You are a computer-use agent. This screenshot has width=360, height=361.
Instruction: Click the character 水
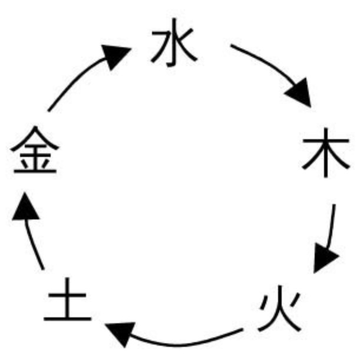[x=174, y=42]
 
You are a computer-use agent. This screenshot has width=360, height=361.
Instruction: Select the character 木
[x=326, y=153]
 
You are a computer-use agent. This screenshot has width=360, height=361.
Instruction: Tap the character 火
[x=280, y=309]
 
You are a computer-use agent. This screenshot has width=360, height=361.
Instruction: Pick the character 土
[x=67, y=299]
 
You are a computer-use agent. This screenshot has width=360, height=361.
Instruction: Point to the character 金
[x=35, y=150]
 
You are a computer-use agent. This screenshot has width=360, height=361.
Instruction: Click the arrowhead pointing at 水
[x=115, y=57]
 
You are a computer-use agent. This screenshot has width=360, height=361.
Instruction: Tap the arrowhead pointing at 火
[x=324, y=258]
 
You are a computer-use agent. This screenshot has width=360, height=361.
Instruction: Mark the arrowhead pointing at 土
[x=121, y=333]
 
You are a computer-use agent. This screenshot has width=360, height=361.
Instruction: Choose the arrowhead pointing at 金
[x=25, y=207]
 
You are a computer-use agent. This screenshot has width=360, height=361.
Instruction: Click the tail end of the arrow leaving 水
[x=232, y=45]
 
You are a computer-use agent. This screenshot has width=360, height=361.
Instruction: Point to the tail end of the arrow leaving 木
[x=334, y=205]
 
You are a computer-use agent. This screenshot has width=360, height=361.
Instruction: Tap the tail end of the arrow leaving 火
[x=242, y=330]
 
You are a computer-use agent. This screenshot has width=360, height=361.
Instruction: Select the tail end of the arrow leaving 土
[x=43, y=269]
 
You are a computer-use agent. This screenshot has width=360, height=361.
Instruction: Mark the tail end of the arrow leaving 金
[x=49, y=111]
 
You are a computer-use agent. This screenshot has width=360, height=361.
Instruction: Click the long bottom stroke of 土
[x=67, y=319]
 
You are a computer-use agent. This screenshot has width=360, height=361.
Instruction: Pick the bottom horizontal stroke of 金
[x=35, y=171]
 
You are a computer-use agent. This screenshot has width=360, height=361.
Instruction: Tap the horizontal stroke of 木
[x=326, y=140]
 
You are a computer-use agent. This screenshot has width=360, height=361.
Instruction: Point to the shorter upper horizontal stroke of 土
[x=67, y=295]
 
